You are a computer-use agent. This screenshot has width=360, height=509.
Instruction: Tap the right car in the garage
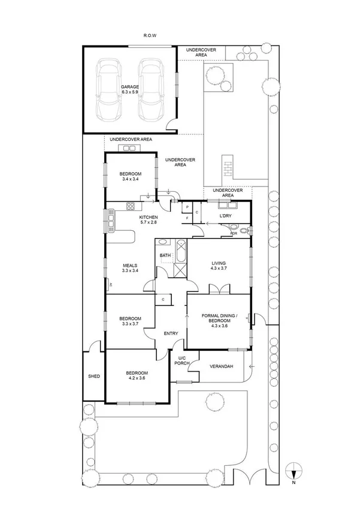tap(150, 89)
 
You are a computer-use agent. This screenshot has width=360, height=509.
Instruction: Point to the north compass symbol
tap(292, 471)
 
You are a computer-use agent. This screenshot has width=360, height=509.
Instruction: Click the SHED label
tap(93, 377)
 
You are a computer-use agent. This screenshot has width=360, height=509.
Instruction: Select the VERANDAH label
tap(221, 367)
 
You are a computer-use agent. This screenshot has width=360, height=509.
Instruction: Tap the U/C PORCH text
tap(182, 360)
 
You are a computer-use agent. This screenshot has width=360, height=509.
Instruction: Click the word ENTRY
tap(172, 335)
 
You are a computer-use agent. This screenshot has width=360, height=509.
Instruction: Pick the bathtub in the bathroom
tap(180, 249)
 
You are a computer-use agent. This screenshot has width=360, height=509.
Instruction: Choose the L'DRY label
tap(225, 215)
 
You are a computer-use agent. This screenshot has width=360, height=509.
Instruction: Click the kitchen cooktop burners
tap(130, 207)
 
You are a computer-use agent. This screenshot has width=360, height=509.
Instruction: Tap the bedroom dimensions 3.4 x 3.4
tap(130, 179)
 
